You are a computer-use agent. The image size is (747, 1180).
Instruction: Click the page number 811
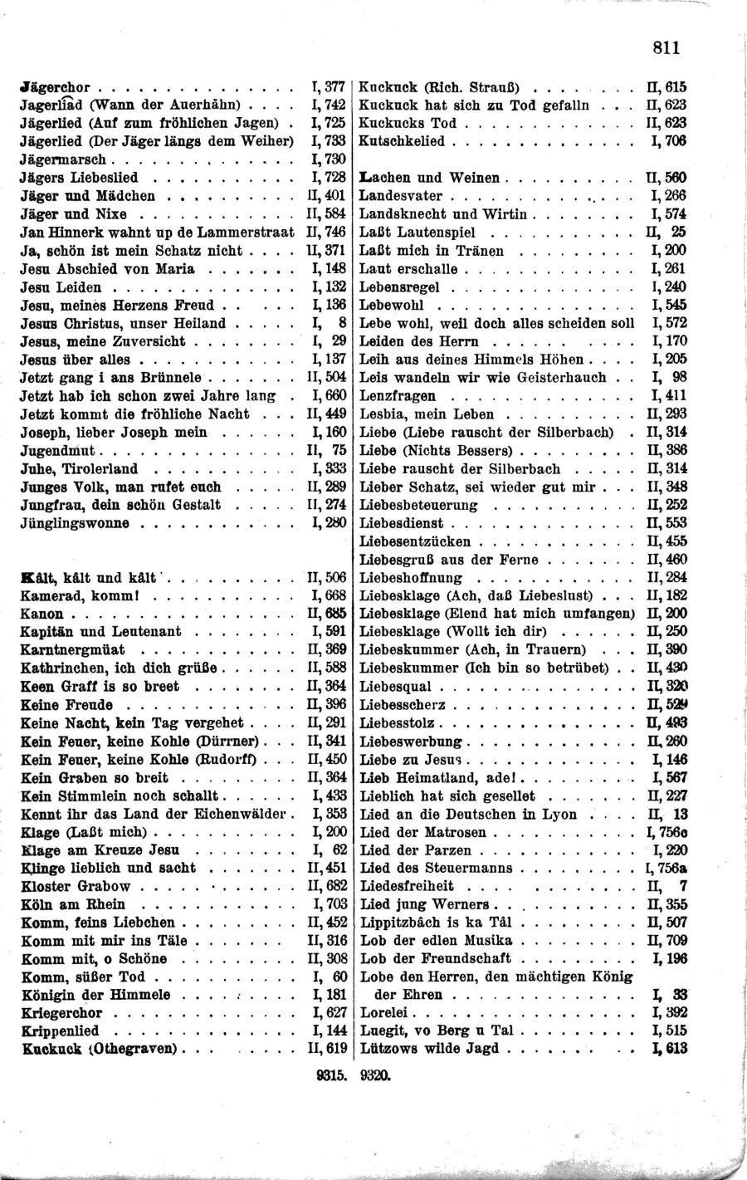(x=666, y=47)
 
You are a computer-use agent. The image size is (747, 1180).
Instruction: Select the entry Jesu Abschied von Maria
(x=107, y=268)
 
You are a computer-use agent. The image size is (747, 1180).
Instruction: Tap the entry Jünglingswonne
(x=75, y=523)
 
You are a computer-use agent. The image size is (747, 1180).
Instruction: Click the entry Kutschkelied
(x=402, y=141)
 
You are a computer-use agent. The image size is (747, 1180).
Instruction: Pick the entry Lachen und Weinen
(x=429, y=178)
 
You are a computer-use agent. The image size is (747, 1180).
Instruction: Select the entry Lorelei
(x=383, y=1013)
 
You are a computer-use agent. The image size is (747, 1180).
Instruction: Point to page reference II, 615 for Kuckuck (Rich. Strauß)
(x=666, y=86)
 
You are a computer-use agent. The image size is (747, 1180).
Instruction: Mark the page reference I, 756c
(x=666, y=832)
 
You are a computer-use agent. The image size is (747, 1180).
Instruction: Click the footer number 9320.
(x=374, y=1074)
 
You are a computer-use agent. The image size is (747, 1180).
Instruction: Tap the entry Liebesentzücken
(x=407, y=541)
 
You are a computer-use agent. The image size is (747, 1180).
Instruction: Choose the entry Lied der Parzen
(x=415, y=850)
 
